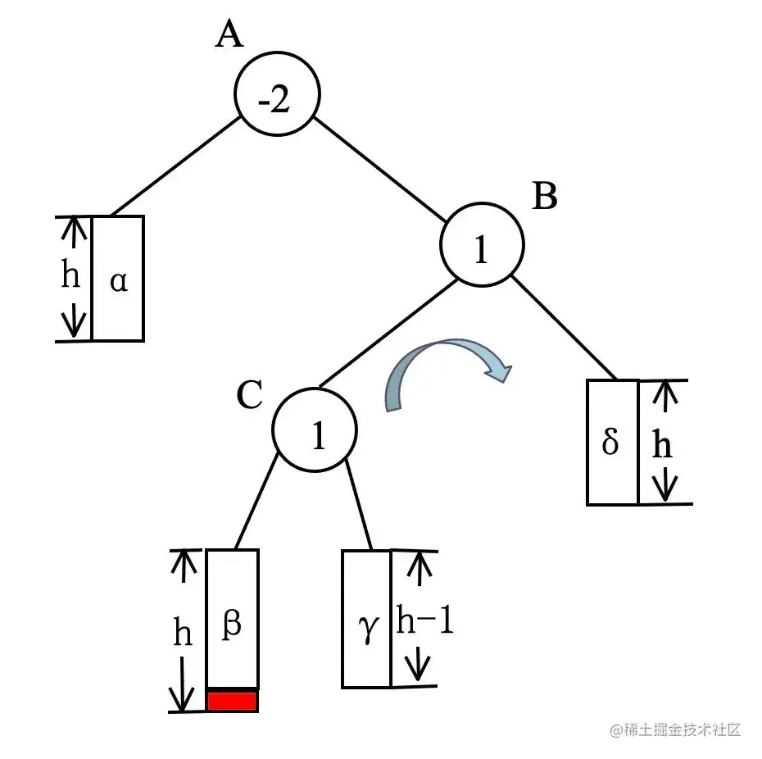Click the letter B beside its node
click(x=545, y=197)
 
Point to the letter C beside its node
click(x=248, y=395)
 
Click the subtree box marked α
click(x=118, y=278)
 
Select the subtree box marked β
click(x=232, y=619)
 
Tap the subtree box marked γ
click(x=366, y=619)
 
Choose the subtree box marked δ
click(x=612, y=442)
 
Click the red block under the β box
click(x=232, y=701)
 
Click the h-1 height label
click(x=424, y=620)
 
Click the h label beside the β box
click(x=183, y=632)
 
